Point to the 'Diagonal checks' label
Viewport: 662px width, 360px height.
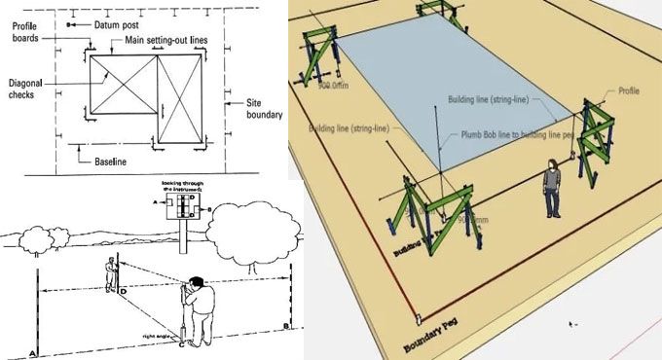23,90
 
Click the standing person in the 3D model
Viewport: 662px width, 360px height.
552,190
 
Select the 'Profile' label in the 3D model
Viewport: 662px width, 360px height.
629,90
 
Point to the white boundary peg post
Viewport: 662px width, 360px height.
420,317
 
